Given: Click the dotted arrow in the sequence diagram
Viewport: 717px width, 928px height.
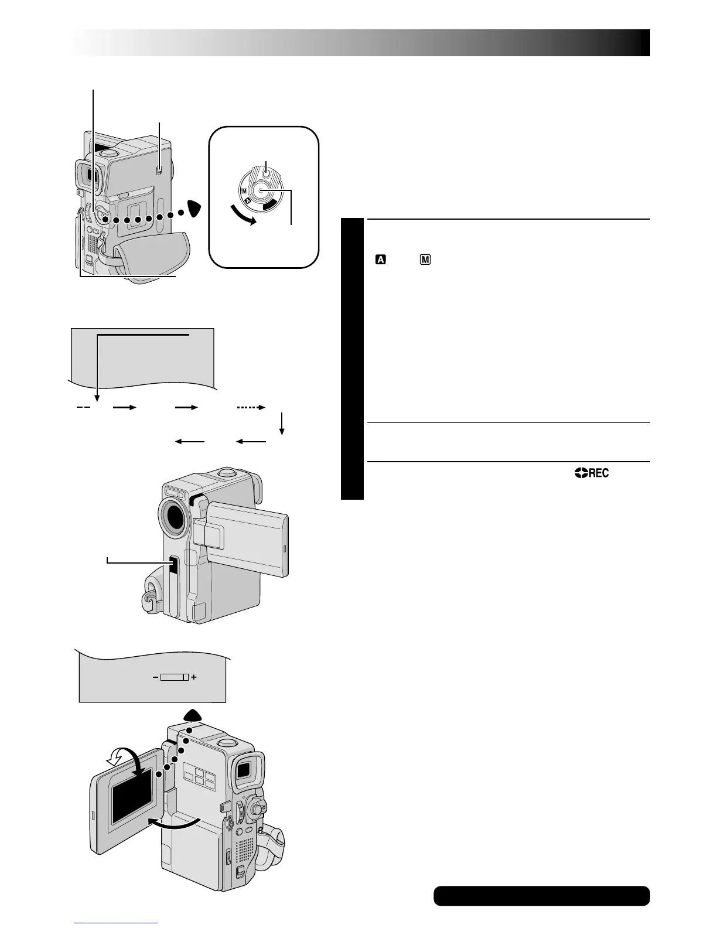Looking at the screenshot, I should pyautogui.click(x=251, y=407).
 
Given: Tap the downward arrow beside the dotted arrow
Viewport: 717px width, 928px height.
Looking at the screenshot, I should pyautogui.click(x=282, y=423).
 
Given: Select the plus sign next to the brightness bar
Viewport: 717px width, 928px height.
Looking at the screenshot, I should pyautogui.click(x=194, y=677).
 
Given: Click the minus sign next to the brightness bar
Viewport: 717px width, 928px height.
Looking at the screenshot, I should pyautogui.click(x=155, y=677).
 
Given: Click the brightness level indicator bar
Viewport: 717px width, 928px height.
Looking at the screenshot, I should pyautogui.click(x=174, y=677).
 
